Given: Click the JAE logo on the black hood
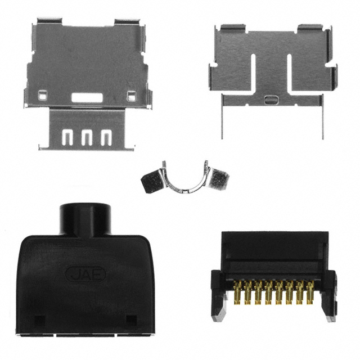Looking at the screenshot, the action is click(x=85, y=274).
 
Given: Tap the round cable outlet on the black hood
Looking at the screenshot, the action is click(x=85, y=219).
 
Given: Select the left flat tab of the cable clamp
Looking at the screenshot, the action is click(x=152, y=181).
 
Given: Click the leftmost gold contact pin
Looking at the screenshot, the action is click(x=237, y=292).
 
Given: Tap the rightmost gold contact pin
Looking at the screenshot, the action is click(x=310, y=292).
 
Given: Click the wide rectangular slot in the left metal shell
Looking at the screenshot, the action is click(x=87, y=97).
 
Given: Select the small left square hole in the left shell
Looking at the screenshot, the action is click(x=43, y=95).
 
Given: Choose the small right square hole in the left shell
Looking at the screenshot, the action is click(x=131, y=96).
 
